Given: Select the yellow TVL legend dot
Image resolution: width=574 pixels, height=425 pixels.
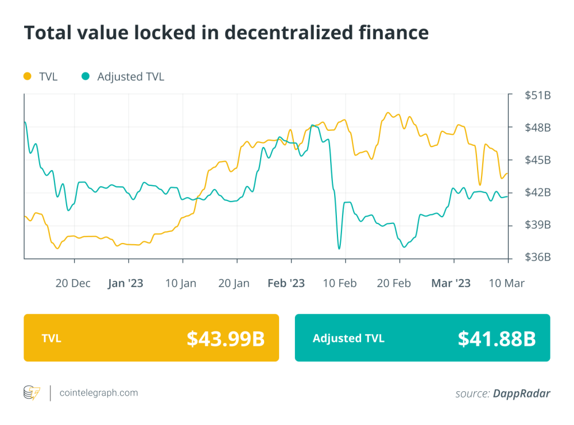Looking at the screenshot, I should [27, 76].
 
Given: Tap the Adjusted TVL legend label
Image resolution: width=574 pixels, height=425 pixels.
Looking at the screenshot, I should [131, 77].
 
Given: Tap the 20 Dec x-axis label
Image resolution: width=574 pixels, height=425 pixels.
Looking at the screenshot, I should [73, 283].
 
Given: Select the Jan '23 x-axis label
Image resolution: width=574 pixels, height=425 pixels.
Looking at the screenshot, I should [125, 283].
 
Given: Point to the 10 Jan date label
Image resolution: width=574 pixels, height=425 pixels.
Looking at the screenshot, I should [180, 283].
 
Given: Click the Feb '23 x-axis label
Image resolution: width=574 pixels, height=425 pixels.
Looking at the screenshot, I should [286, 283].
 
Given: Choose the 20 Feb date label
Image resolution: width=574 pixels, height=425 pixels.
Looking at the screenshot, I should [395, 283].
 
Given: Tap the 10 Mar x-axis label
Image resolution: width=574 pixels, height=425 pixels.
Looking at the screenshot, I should [506, 283].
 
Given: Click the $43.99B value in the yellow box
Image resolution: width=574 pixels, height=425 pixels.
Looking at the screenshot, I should [225, 338].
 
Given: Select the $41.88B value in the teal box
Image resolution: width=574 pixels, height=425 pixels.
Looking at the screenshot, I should [497, 338].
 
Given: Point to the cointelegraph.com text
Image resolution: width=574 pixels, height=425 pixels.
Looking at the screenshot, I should [99, 393].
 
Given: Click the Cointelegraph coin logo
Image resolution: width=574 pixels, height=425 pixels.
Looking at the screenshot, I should [31, 393].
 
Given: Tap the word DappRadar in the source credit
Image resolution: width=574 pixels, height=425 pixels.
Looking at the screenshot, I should [521, 394].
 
